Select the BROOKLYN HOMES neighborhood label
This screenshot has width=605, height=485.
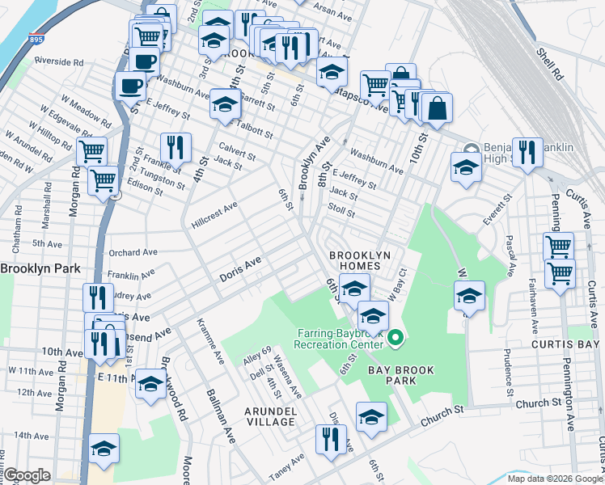click(360, 261)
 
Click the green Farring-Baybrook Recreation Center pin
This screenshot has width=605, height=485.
click(396, 338)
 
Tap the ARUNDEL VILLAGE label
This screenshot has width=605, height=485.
click(270, 416)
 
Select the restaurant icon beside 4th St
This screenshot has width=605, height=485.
click(176, 147)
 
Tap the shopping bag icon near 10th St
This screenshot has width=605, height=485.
click(437, 108)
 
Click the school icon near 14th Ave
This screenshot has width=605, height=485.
click(104, 448)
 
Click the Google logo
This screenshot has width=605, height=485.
click(27, 475)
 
